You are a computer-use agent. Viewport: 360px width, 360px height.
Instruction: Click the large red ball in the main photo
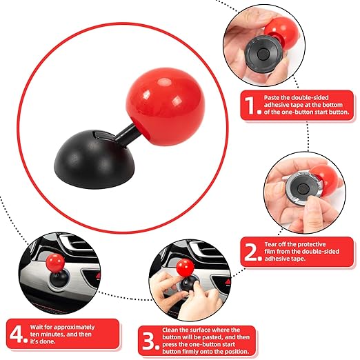(166, 106)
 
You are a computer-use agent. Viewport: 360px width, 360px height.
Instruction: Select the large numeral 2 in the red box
(250, 252)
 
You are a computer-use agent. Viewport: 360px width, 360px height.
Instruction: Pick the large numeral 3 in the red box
(148, 341)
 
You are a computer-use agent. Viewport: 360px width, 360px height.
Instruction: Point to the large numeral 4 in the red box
(17, 334)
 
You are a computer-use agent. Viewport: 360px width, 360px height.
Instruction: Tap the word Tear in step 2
(270, 244)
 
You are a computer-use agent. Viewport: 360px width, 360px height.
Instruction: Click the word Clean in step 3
(170, 330)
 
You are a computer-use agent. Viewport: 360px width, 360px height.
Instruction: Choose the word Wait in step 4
(37, 327)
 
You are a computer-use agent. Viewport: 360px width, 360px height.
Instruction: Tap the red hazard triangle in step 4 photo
(99, 276)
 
